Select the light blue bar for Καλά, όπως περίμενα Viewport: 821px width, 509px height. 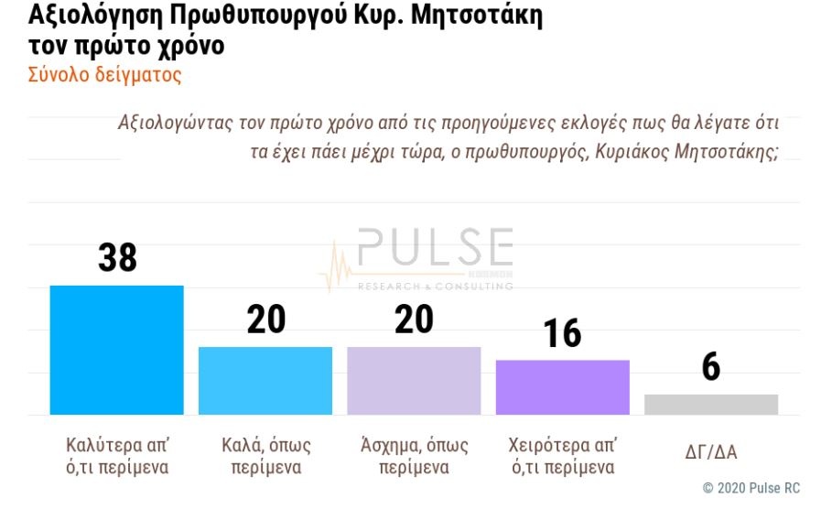(x=265, y=381)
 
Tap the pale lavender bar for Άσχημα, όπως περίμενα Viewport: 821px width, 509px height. (x=414, y=381)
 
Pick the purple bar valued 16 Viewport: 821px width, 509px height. (x=562, y=387)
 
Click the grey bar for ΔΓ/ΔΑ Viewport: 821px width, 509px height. (x=711, y=405)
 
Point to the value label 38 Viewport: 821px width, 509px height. (x=117, y=258)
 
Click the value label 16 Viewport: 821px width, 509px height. (x=562, y=334)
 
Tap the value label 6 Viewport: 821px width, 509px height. (x=711, y=368)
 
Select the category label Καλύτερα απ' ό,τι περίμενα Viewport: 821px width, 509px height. (x=118, y=456)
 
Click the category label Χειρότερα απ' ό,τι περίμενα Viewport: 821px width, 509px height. (x=562, y=456)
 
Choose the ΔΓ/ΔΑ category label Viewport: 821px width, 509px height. (x=711, y=450)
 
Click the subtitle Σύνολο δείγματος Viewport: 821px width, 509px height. (x=105, y=75)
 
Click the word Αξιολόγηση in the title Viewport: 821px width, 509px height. (x=96, y=17)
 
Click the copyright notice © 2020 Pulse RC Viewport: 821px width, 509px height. (x=751, y=488)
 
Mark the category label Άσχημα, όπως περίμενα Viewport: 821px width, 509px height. (x=414, y=456)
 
